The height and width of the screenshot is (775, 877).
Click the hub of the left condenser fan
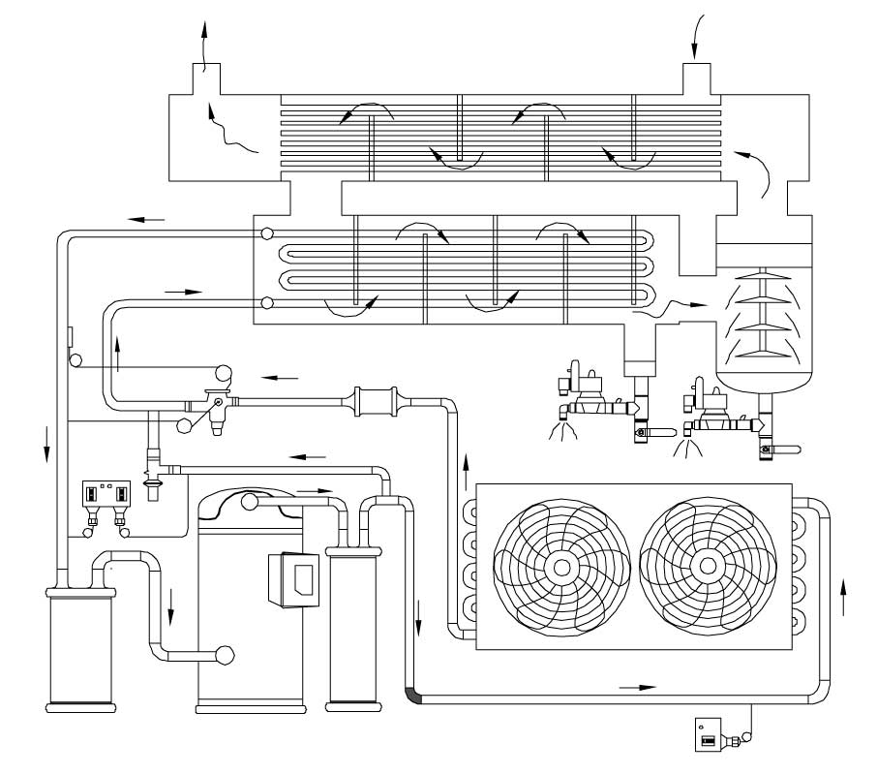click(559, 566)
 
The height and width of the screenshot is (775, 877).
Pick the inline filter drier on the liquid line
click(377, 400)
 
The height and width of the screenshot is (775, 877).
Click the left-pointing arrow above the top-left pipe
click(147, 219)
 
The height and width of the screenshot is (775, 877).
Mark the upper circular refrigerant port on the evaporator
click(265, 234)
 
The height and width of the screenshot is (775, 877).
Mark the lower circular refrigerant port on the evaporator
click(265, 304)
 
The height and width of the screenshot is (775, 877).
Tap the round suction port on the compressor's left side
click(226, 655)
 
